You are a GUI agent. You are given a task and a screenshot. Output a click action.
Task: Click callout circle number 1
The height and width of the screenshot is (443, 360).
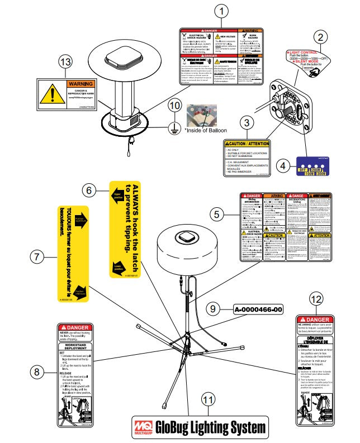[222, 11]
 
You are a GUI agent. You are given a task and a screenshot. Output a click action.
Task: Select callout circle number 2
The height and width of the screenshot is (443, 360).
[320, 38]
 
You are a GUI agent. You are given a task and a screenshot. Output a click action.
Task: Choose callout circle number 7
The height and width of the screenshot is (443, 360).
[37, 256]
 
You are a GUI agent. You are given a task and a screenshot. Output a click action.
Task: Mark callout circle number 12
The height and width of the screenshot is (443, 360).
[316, 300]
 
